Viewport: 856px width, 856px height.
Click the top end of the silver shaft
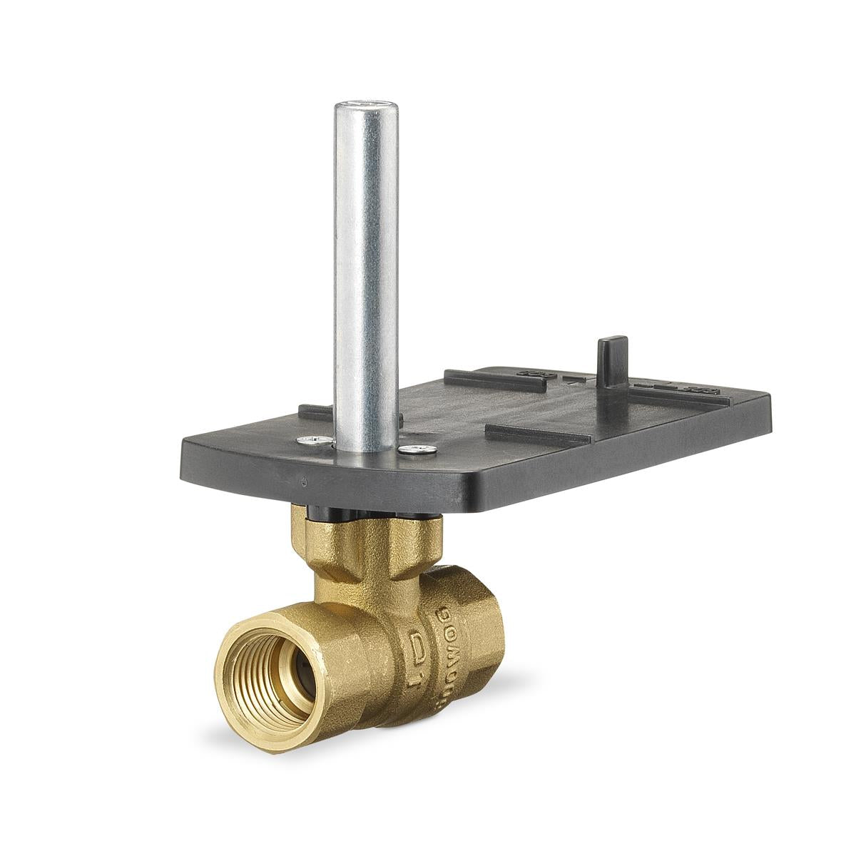[x=365, y=109]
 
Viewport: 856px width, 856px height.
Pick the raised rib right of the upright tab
[x=678, y=390]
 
